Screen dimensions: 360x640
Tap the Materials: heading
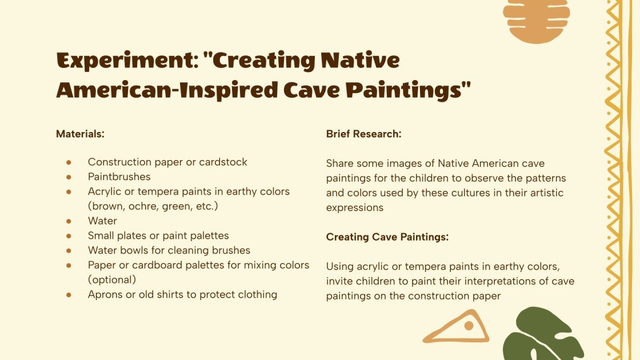click(80, 134)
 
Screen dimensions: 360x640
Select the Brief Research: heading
click(363, 134)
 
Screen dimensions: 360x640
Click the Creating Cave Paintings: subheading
click(387, 237)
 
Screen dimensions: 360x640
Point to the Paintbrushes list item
click(119, 177)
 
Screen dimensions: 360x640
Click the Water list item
click(102, 221)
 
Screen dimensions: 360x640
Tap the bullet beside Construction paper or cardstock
click(69, 162)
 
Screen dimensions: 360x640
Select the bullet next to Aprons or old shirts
click(69, 295)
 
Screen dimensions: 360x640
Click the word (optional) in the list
click(111, 280)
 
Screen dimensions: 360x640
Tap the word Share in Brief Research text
click(341, 163)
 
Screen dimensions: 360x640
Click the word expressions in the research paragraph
click(355, 207)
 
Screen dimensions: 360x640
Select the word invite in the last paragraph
click(339, 281)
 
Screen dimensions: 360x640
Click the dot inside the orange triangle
click(469, 326)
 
